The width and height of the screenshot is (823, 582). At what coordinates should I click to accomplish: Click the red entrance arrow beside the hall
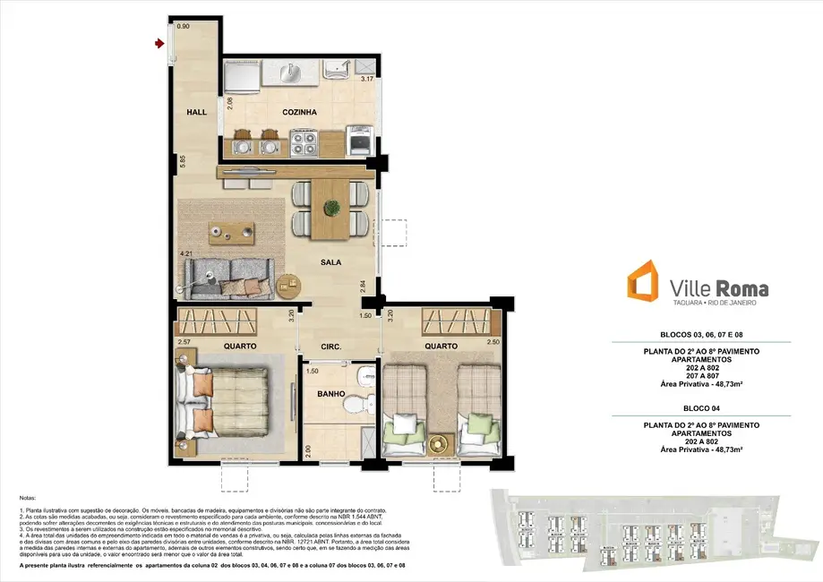[x=159, y=42]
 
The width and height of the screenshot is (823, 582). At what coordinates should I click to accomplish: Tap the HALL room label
[x=196, y=113]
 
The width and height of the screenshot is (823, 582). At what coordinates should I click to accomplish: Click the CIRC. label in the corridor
[x=321, y=346]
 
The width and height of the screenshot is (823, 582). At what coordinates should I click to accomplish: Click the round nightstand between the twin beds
[x=438, y=441]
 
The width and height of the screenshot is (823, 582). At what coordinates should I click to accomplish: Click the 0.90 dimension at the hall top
[x=183, y=26]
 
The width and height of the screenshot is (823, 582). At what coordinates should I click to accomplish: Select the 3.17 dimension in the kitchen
[x=365, y=80]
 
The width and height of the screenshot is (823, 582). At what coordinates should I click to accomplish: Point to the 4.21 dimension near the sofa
[x=186, y=255]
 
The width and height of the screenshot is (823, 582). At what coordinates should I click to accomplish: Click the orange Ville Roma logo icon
[x=643, y=282]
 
